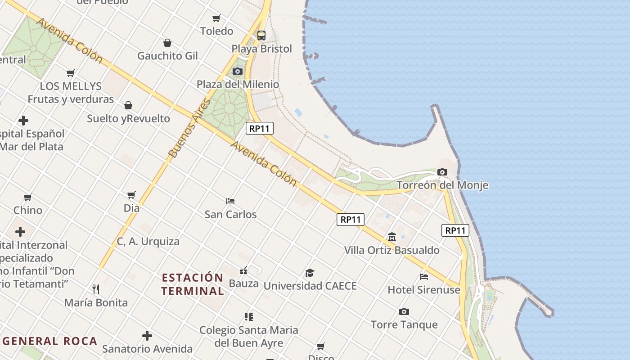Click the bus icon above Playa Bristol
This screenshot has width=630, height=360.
(261, 35)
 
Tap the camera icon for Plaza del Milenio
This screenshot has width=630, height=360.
(237, 71)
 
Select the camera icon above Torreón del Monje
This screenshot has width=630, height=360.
(442, 172)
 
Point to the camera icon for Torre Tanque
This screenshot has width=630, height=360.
(404, 311)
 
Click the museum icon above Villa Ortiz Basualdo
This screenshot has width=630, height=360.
(391, 237)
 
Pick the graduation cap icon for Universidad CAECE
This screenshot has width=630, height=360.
(310, 273)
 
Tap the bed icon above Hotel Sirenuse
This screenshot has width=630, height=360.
(423, 276)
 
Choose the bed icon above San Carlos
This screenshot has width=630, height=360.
(230, 201)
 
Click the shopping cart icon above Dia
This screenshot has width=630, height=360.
(131, 195)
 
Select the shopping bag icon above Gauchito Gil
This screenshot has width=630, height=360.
(167, 43)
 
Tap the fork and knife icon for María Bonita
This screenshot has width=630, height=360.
(95, 289)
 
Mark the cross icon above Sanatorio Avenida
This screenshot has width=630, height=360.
(147, 336)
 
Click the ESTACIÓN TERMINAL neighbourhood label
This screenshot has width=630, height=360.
(193, 284)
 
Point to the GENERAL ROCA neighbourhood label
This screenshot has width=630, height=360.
(50, 341)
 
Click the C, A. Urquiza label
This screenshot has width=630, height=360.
(148, 241)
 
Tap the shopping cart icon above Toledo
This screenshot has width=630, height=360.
(216, 18)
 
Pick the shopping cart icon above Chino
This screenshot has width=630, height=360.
(28, 197)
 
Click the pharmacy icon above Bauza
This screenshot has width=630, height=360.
(243, 270)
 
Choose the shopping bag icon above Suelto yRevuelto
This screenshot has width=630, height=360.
(128, 105)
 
